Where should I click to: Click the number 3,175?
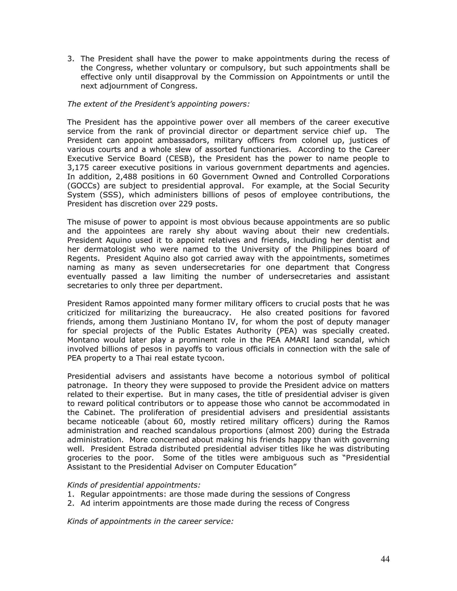[78, 167]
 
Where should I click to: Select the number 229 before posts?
[185, 204]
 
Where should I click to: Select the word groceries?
[84, 458]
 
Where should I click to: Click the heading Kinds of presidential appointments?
[134, 485]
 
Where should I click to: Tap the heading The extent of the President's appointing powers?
[158, 104]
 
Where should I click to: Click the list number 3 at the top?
[70, 59]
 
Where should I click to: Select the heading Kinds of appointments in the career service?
[150, 521]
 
